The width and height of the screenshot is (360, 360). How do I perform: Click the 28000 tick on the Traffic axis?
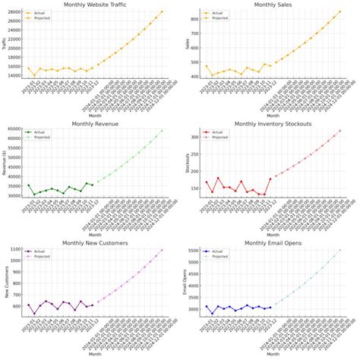pos(14,12)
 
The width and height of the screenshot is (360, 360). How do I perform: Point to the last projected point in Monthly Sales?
pos(339,11)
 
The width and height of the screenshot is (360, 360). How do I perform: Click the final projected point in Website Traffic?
pos(162,11)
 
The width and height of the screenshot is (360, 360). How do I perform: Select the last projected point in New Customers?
pos(162,250)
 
